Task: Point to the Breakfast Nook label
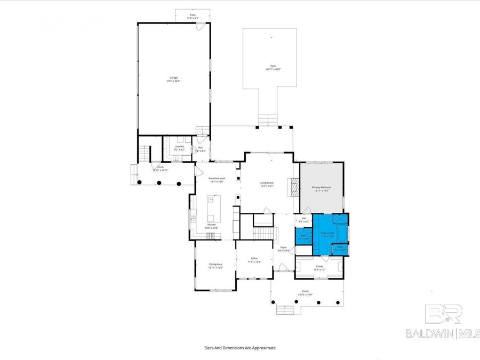point(217,180)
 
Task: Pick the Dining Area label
point(215,266)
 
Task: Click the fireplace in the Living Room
point(292,186)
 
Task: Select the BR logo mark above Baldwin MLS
point(442,314)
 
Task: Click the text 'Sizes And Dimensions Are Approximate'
point(240,347)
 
